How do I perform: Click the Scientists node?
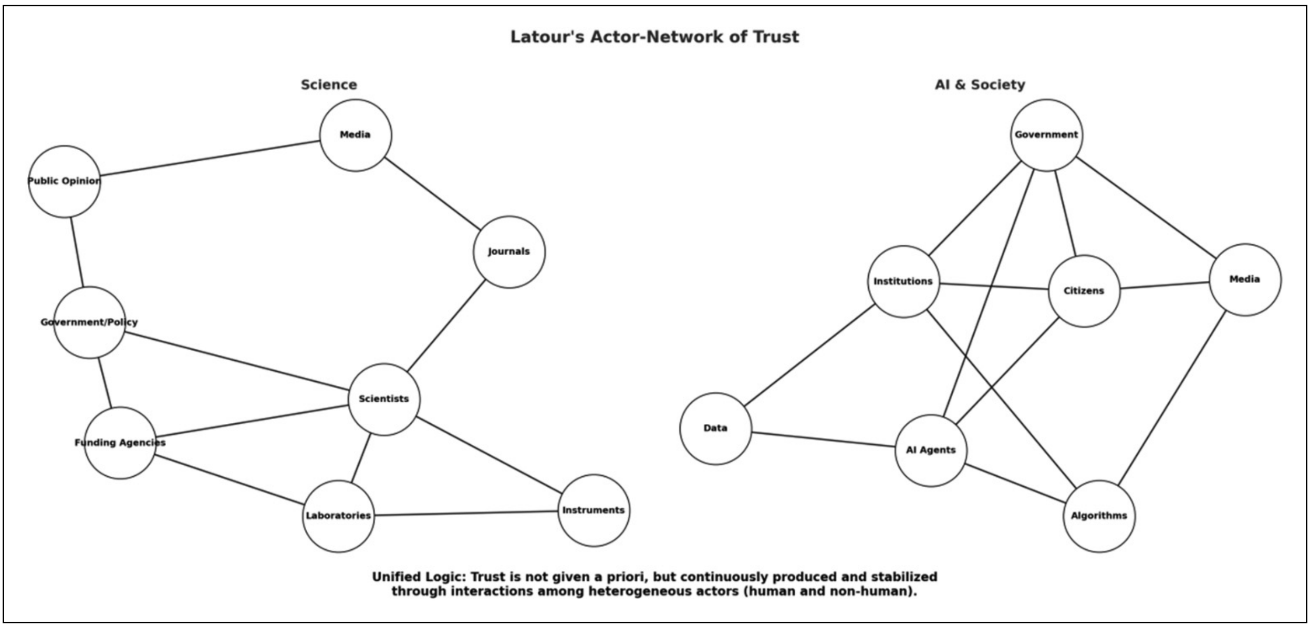pos(384,399)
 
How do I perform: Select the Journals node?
pos(509,252)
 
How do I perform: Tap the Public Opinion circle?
pos(64,182)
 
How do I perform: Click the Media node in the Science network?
pos(356,135)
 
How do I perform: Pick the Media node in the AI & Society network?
pos(1245,279)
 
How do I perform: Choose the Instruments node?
pos(594,510)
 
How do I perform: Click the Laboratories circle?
pos(338,516)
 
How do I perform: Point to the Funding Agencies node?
pos(120,443)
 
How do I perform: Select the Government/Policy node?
pos(89,322)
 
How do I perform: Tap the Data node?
pos(715,429)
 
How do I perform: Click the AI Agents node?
pos(931,451)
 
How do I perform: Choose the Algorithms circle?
pos(1099,516)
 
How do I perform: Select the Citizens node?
pos(1084,291)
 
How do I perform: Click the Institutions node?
pos(903,281)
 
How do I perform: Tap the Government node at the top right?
pos(1046,135)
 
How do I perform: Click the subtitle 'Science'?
pos(329,85)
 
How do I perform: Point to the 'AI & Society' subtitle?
pos(980,85)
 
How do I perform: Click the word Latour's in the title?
pos(547,37)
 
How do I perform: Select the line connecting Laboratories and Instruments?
pos(466,513)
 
